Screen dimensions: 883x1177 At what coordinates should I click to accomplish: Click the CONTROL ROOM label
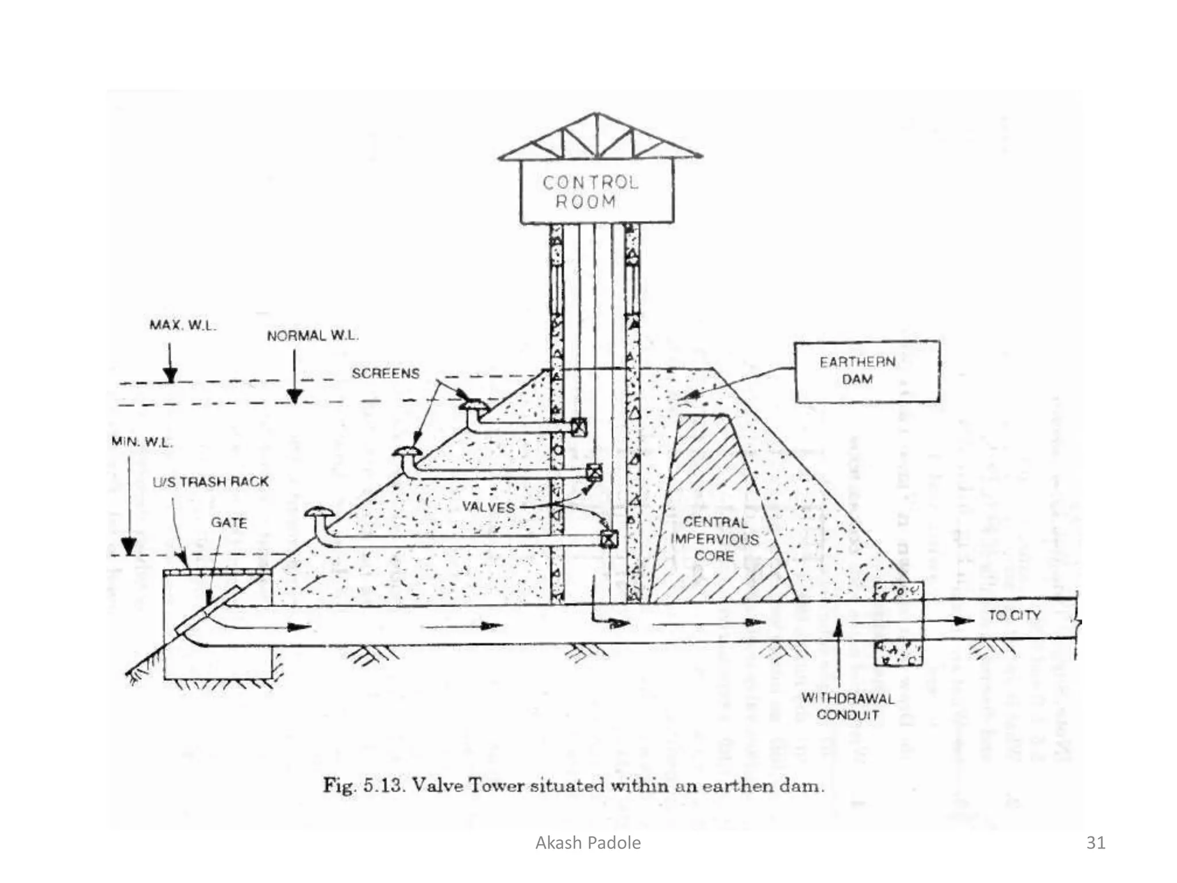[589, 192]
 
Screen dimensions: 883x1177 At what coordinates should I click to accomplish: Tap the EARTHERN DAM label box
[867, 371]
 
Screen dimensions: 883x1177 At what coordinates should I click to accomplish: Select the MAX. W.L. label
[183, 325]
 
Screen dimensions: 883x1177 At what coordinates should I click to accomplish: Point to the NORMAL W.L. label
[312, 336]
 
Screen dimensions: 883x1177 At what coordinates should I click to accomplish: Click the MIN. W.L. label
[141, 442]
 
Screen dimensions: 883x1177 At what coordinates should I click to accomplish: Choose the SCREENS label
[386, 374]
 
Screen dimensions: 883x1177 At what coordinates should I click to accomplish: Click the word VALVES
[488, 507]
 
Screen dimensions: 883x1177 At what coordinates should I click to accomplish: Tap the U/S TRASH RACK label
[210, 482]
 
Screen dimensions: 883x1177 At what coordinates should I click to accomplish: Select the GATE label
[228, 523]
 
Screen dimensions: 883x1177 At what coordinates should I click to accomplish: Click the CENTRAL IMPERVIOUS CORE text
[714, 539]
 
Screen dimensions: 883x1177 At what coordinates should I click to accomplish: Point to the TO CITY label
[1014, 615]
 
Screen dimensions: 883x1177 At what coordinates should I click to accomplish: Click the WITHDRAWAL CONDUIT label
[848, 707]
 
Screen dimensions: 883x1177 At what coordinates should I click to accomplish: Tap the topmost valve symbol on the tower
[578, 427]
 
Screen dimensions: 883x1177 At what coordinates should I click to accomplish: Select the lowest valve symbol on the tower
[608, 539]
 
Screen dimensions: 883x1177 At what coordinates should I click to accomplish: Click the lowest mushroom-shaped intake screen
[319, 512]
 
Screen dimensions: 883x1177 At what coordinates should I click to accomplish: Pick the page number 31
[1095, 843]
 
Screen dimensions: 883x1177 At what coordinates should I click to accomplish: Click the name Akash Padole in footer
[588, 843]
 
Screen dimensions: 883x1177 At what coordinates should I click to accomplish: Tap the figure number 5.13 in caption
[384, 785]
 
